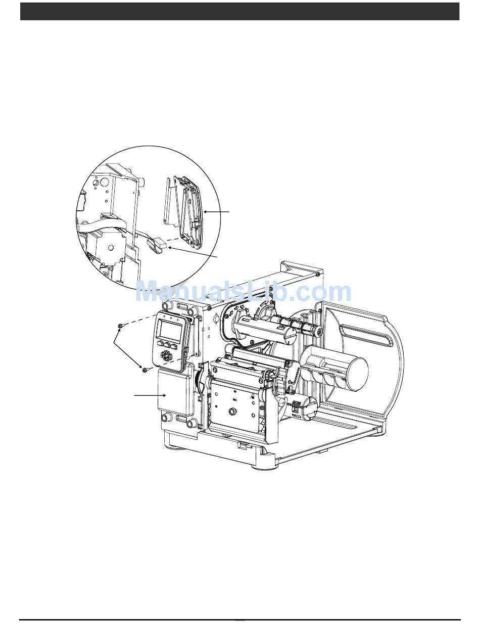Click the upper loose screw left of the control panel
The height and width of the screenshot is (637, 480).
[x=120, y=326]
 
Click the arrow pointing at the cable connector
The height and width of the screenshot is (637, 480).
[x=193, y=252]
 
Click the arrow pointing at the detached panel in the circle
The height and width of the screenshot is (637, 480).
[x=217, y=212]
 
